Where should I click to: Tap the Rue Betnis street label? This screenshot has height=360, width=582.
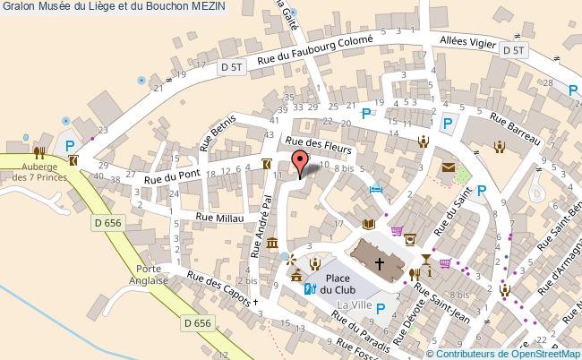[x=220, y=131]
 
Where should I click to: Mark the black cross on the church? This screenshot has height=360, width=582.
[x=380, y=263]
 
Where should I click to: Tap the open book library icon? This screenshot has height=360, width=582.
[x=366, y=225]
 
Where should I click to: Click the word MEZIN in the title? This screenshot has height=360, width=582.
[x=207, y=7]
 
